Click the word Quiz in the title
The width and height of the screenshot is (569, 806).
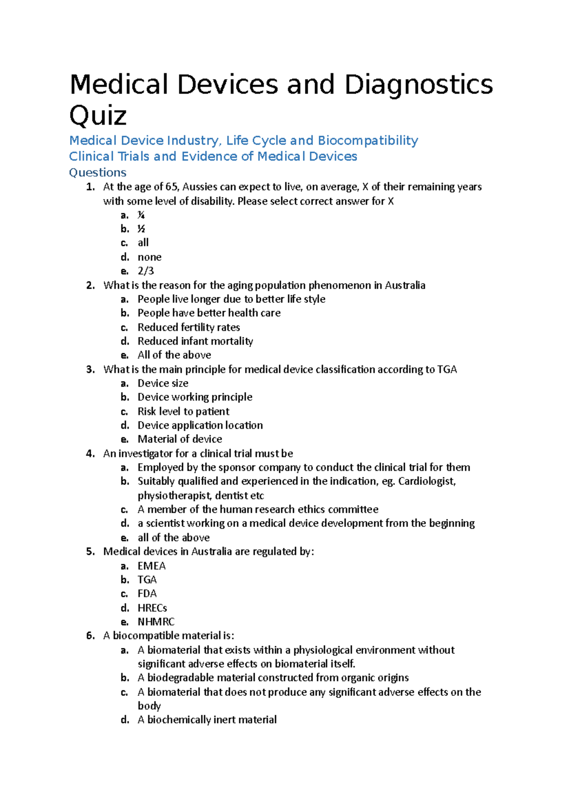(98, 115)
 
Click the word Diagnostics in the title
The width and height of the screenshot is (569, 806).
(418, 85)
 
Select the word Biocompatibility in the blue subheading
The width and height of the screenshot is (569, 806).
(367, 141)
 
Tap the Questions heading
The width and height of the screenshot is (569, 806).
(98, 172)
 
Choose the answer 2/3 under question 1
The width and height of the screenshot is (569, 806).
(146, 271)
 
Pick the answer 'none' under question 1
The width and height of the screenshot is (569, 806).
(149, 257)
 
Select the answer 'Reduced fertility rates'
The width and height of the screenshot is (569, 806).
(189, 328)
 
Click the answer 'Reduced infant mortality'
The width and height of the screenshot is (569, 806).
(195, 341)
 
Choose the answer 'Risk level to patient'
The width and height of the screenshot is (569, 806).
(184, 412)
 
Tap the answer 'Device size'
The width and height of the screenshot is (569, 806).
(163, 383)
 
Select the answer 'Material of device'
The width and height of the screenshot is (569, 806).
(180, 439)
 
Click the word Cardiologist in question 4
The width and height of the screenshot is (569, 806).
(426, 481)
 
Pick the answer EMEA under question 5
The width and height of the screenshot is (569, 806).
(151, 566)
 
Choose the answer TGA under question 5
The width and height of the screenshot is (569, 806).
(147, 580)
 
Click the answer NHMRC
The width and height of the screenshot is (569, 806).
(156, 622)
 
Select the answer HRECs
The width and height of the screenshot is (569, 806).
(152, 608)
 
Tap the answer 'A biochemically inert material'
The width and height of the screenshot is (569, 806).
(207, 720)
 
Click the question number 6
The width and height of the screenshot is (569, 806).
(91, 636)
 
